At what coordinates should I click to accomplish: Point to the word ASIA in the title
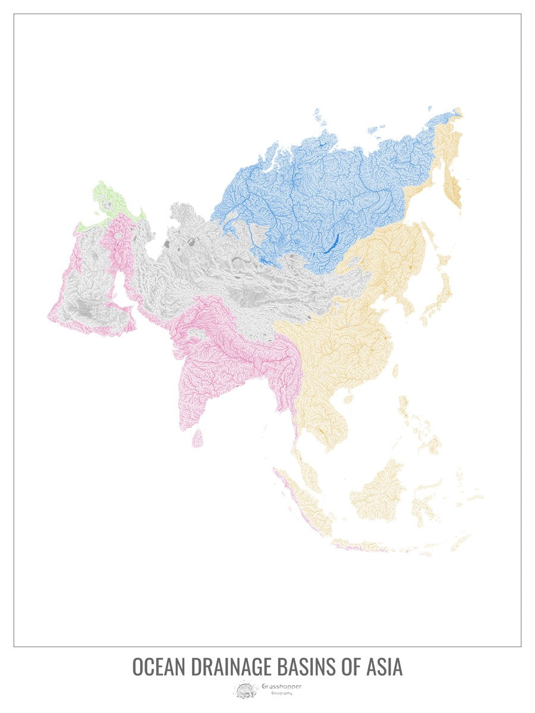pos(383,667)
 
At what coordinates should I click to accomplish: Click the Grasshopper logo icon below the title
pos(244,690)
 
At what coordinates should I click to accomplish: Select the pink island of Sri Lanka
pos(199,438)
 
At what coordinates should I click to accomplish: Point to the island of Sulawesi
pos(423,496)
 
